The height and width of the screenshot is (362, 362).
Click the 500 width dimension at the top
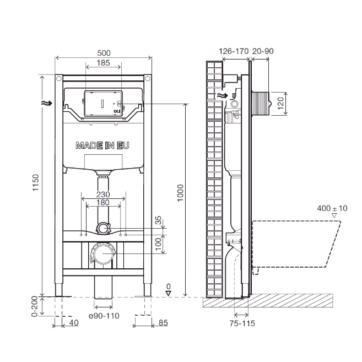pyautogui.click(x=104, y=52)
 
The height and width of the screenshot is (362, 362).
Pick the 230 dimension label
pyautogui.click(x=104, y=194)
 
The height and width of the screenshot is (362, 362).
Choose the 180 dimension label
pyautogui.click(x=104, y=203)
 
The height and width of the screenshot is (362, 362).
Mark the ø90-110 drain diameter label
pyautogui.click(x=104, y=316)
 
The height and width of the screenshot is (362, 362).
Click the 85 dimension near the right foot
pyautogui.click(x=163, y=322)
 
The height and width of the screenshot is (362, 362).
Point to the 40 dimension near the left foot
pyautogui.click(x=74, y=322)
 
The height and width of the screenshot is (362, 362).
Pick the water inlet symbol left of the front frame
pyautogui.click(x=47, y=102)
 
